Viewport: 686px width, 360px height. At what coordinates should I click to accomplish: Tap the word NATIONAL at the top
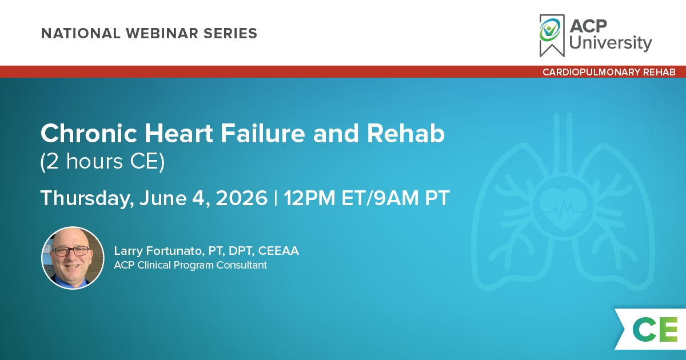(x=81, y=33)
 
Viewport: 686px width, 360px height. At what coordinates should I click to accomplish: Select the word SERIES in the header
(x=230, y=33)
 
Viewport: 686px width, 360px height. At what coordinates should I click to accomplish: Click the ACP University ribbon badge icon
(x=552, y=35)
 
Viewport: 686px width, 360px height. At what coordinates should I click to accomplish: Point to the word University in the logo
(x=611, y=42)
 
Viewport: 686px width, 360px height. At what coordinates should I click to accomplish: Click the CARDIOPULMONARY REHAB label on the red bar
(x=609, y=72)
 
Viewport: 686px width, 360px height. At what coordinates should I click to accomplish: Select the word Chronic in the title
(x=89, y=134)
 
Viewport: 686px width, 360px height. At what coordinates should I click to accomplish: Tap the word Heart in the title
(x=178, y=134)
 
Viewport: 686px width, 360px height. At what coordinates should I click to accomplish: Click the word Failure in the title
(x=263, y=134)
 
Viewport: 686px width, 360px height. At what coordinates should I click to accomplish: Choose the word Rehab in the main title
(x=405, y=134)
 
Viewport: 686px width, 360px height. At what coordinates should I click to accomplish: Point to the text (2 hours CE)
(x=102, y=162)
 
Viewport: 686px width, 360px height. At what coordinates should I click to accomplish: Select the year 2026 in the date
(x=242, y=198)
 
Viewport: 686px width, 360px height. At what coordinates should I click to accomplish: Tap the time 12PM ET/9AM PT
(x=366, y=198)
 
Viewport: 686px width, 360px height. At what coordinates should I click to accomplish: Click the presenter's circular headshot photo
(x=73, y=258)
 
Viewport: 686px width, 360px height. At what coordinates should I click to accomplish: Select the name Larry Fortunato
(x=158, y=251)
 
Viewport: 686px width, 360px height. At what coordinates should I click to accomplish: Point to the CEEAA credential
(x=278, y=251)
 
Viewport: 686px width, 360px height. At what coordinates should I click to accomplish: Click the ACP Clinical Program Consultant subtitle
(x=190, y=265)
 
